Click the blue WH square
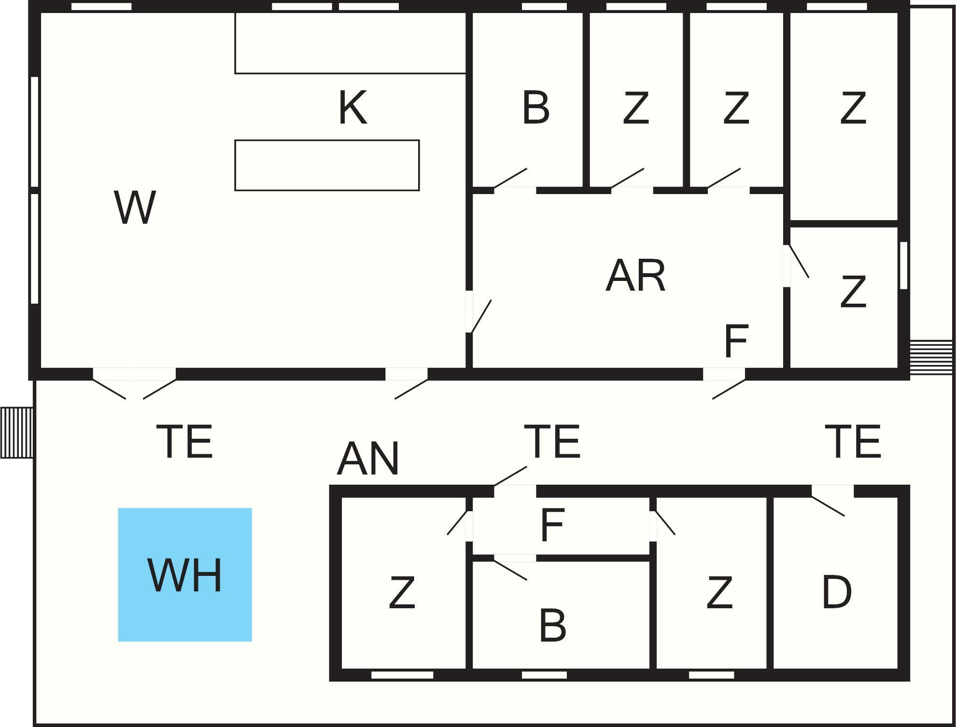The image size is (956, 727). coord(185,574)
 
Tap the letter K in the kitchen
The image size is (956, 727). coord(352,108)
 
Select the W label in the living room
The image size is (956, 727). coord(135,207)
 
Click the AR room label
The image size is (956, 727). coord(635,276)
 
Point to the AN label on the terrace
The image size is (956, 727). coord(368,459)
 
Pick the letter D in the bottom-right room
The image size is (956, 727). coord(837,591)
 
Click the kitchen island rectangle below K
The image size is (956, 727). coord(327,165)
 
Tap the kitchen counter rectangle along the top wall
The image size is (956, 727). coord(350,43)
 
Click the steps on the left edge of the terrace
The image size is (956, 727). coord(16,433)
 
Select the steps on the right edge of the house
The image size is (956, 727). coord(931,357)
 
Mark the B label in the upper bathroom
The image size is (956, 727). coord(536,108)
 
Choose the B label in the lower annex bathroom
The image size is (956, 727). coord(552,625)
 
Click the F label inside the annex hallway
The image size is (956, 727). coord(552,525)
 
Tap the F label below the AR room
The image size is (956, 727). coord(736,341)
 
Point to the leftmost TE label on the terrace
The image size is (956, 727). coord(184,441)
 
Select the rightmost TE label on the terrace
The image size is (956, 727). coord(853,441)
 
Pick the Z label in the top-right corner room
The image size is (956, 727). coord(853,108)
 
